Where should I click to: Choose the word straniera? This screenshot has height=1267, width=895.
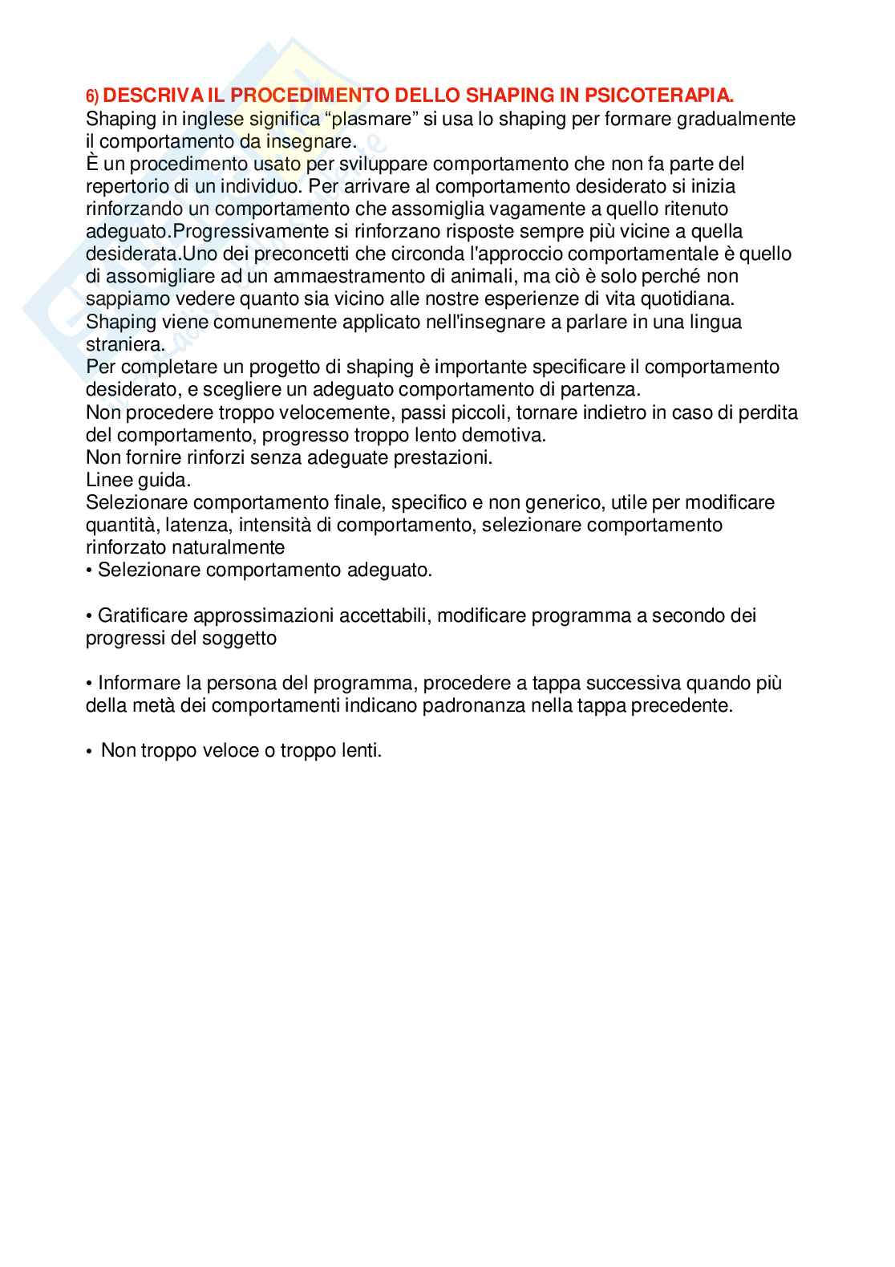pyautogui.click(x=124, y=344)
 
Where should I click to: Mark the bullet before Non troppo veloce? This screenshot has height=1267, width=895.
pyautogui.click(x=89, y=752)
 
